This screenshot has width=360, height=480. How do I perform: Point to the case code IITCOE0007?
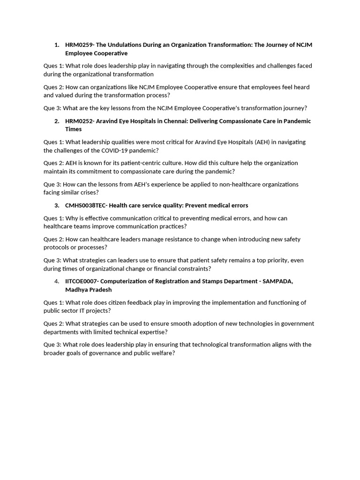82,281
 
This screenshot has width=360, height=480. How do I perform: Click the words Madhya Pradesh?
89,290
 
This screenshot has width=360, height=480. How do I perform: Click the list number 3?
57,205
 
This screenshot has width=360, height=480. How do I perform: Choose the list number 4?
57,281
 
